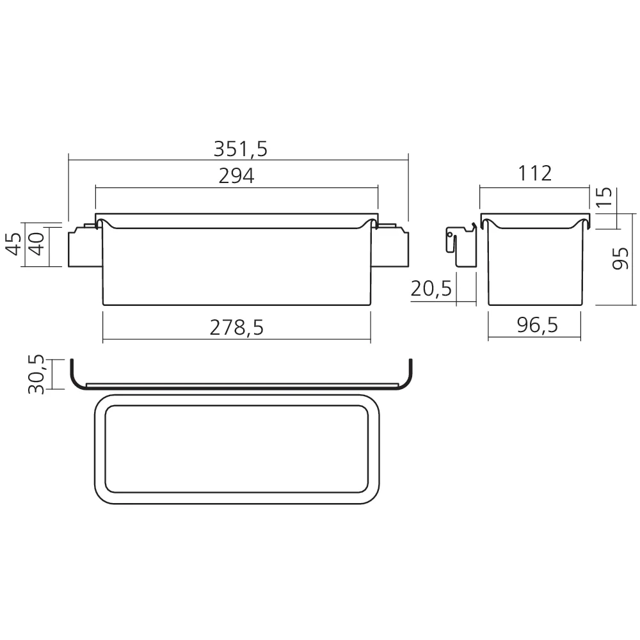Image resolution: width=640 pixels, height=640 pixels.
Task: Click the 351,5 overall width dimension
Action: point(241,149)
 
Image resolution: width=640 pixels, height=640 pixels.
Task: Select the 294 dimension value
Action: point(236,176)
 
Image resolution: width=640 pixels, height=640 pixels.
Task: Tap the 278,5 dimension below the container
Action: point(237,327)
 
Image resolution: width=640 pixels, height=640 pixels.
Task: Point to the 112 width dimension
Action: point(534,173)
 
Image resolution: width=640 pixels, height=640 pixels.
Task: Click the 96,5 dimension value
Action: point(537,325)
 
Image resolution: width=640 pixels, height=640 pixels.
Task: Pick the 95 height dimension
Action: point(621,259)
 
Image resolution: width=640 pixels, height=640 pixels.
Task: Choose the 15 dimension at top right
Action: point(605,196)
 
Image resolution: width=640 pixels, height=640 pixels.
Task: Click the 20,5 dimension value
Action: point(431,289)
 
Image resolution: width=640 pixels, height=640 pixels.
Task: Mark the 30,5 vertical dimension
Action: point(36,374)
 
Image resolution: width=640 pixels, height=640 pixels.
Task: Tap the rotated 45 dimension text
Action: point(15,244)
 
